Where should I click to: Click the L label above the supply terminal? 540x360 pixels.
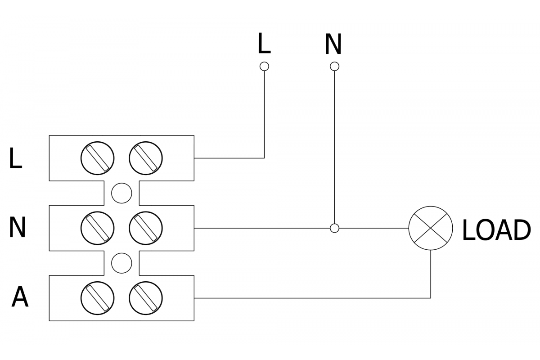[x=264, y=44]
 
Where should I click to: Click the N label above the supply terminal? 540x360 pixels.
[x=333, y=44]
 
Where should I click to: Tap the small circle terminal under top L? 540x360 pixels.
[x=265, y=67]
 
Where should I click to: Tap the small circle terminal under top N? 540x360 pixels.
[x=334, y=67]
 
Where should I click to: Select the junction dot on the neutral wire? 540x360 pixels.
[x=334, y=228]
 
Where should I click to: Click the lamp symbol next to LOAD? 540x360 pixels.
[x=431, y=228]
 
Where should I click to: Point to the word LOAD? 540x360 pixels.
[x=496, y=230]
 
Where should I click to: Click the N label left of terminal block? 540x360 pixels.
[x=17, y=228]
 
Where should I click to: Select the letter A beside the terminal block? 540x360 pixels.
[x=20, y=297]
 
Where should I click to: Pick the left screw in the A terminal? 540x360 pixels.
[x=98, y=298]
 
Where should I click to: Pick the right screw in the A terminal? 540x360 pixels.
[x=146, y=298]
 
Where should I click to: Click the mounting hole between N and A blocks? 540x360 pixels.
[x=121, y=263]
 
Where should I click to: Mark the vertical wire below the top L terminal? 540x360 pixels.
[x=264, y=112]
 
